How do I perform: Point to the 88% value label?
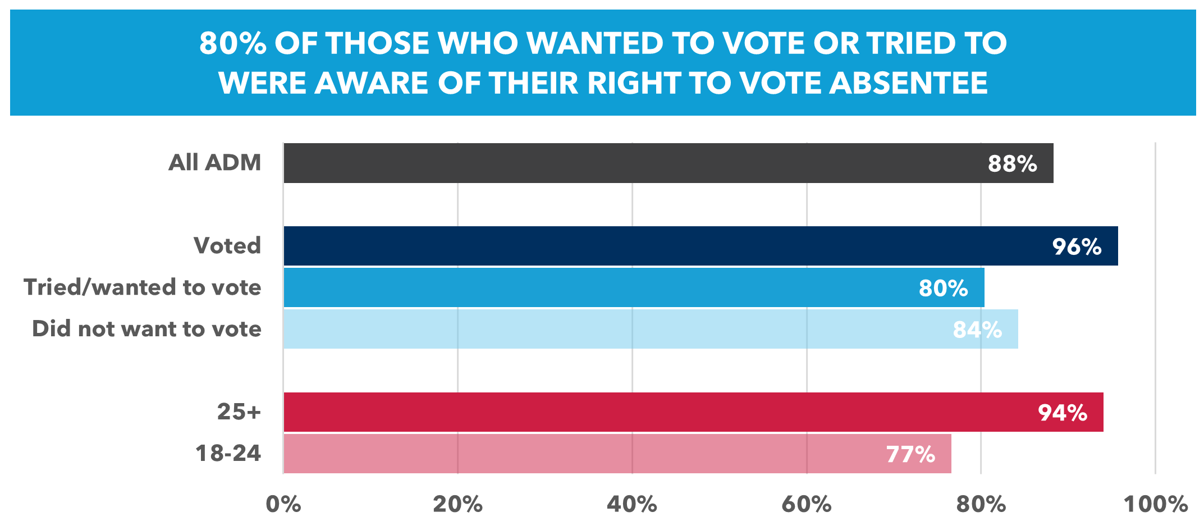click(x=1012, y=164)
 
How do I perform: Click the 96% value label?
click(x=1077, y=247)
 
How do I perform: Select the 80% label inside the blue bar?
click(x=943, y=289)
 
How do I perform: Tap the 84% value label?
click(x=977, y=330)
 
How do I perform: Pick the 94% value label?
click(x=1063, y=413)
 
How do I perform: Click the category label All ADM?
click(x=215, y=163)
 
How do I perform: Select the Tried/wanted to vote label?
click(x=143, y=287)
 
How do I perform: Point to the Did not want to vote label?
click(x=147, y=329)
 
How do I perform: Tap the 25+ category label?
click(x=239, y=412)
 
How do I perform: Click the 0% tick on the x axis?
click(x=283, y=504)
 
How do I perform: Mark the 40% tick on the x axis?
click(x=632, y=504)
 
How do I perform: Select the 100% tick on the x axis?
click(x=1155, y=504)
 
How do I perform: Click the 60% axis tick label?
click(x=807, y=504)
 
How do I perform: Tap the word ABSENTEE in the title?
click(x=908, y=83)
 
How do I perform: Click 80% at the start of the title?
click(x=232, y=43)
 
